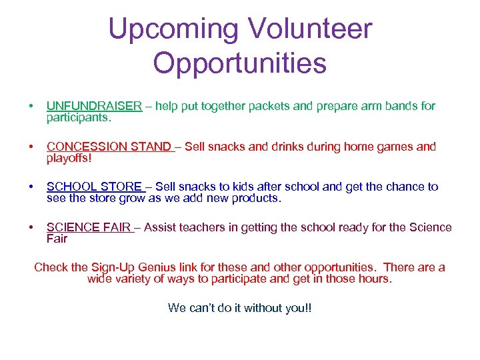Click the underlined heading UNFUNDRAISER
[x=94, y=105]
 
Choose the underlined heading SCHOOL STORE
[x=94, y=187]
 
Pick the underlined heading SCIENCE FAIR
[x=88, y=227]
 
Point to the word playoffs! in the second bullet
[x=69, y=157]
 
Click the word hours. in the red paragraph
[x=375, y=279]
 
